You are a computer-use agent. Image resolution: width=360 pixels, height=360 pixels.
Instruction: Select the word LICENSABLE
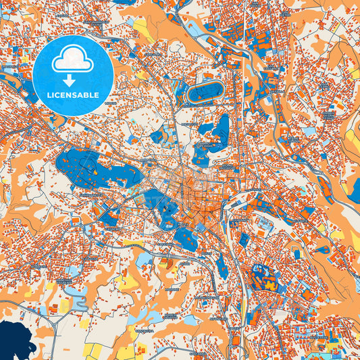(72, 95)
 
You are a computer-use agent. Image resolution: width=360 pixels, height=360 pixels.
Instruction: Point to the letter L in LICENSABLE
(48, 95)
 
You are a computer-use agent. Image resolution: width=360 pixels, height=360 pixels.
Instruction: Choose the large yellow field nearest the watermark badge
(143, 28)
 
